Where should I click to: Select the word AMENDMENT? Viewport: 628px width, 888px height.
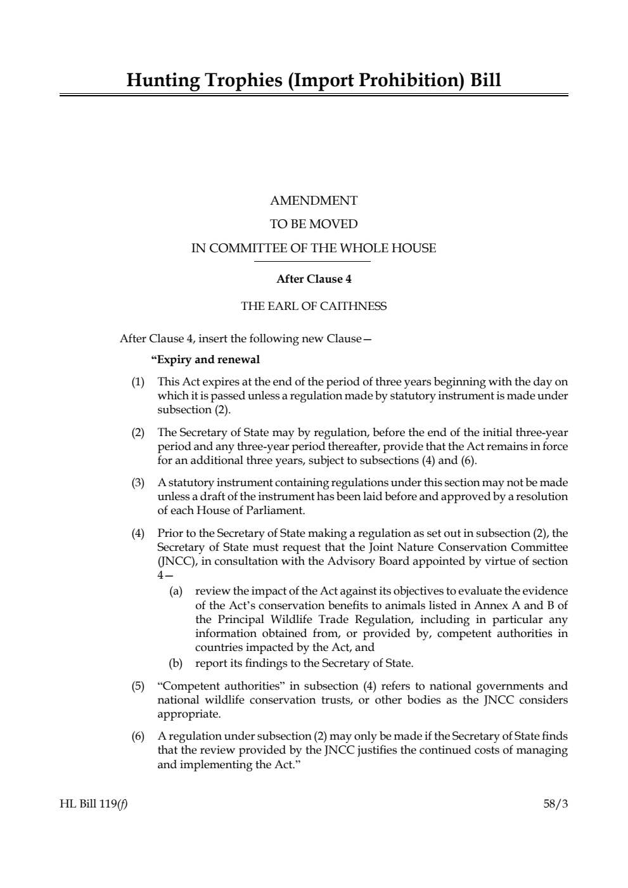pos(314,201)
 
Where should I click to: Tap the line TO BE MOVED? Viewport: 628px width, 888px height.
pos(314,224)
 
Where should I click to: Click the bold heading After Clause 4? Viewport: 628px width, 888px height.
pos(314,279)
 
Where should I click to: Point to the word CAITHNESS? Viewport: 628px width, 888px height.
pos(353,307)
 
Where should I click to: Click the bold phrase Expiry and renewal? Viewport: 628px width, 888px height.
pos(207,360)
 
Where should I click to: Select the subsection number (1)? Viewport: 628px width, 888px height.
pos(138,382)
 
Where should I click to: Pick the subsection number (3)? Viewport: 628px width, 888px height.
pos(138,483)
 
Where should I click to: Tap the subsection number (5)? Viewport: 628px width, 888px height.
pos(138,686)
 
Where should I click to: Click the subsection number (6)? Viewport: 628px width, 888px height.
pos(138,737)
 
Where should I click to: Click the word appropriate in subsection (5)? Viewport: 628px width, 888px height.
pos(189,714)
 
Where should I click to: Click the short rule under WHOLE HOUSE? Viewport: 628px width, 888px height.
pos(314,261)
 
